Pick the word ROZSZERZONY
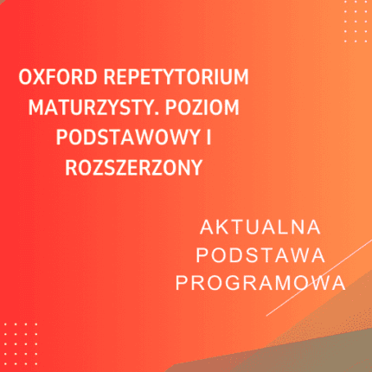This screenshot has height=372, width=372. click(133, 167)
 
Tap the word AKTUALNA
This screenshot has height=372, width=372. click(260, 228)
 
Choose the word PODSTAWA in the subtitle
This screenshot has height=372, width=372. click(260, 256)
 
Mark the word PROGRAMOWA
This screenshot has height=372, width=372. click(260, 284)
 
